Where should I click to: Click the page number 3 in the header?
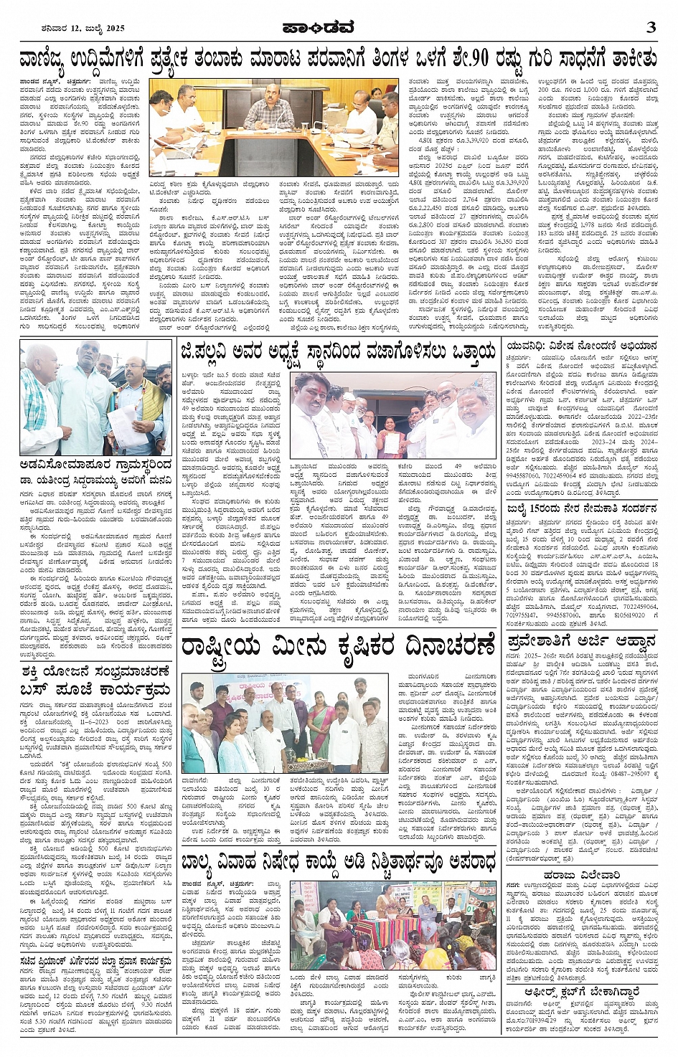651,28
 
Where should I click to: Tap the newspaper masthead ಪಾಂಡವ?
339,28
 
